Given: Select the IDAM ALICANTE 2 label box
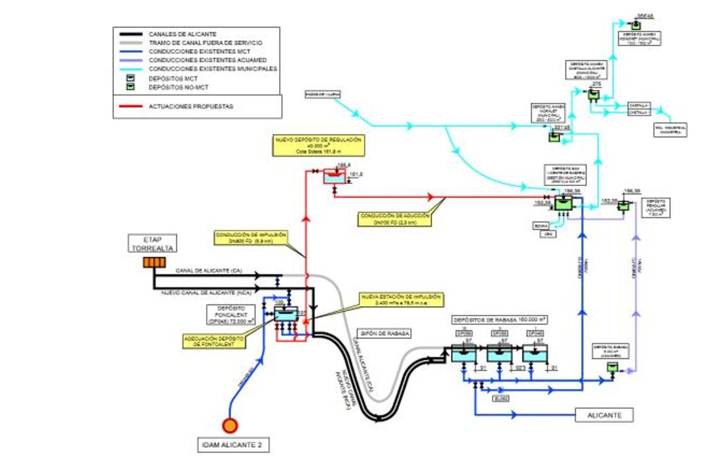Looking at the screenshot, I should tap(232, 446).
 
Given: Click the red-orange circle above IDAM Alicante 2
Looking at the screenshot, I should tap(230, 426).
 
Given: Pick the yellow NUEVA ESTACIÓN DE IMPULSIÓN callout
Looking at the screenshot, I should tap(402, 301).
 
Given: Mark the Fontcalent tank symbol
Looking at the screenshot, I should tap(286, 314).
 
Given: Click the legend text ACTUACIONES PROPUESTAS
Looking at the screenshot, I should tap(190, 107).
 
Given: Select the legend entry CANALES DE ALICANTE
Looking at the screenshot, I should tap(183, 35).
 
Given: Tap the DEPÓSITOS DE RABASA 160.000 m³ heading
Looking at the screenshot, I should tap(500, 320).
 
